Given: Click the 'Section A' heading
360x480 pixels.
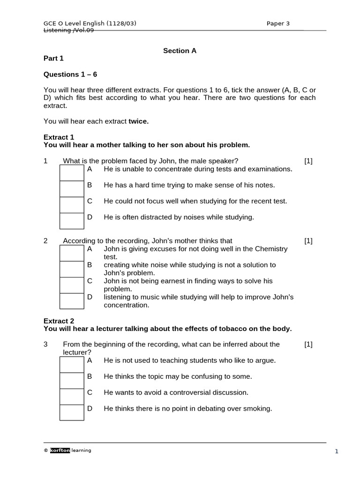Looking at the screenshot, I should pos(180,51).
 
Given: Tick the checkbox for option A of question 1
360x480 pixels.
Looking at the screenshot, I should pos(72,172).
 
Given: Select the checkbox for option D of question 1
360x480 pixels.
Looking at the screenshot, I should pos(72,221).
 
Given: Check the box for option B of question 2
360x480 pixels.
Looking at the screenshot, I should pos(72,269).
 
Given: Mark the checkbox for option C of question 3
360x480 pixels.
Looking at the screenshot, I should pos(72,397).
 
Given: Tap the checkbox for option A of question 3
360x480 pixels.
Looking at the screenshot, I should pos(72,365).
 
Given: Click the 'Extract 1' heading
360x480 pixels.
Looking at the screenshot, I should pos(59,137).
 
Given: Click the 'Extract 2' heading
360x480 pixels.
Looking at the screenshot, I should pos(59,321).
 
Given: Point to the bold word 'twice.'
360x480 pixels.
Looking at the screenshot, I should pos(138,121).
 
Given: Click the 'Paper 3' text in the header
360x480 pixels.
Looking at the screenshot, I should pos(278,23).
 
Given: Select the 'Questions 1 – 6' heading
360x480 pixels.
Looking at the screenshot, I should pos(70,74).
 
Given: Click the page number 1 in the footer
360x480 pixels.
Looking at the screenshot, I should pos(336,451).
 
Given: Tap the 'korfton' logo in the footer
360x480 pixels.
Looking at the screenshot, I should pos(60,450).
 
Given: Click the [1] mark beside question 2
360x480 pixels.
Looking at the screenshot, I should pos(308,241).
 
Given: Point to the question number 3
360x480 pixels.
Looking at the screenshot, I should pos(45,344).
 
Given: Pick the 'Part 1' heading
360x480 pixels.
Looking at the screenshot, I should pos(53,59).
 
